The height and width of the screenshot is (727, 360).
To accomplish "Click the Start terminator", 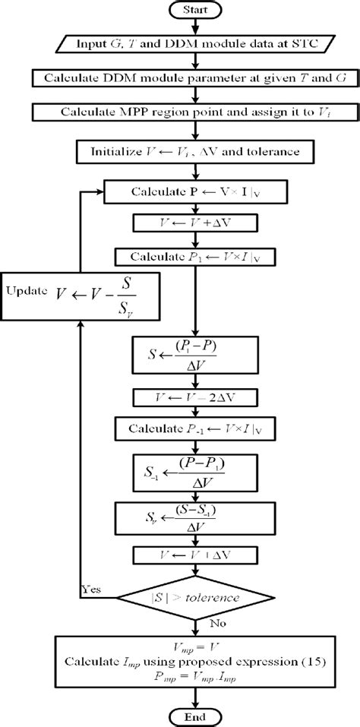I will [x=197, y=11].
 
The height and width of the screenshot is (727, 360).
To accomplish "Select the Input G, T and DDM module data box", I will [x=197, y=43].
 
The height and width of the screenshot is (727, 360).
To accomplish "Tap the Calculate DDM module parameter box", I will [x=197, y=77].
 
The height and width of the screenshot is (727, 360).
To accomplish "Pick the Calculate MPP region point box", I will [x=197, y=112].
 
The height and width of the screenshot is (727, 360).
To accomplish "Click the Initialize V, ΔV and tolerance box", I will [x=197, y=150].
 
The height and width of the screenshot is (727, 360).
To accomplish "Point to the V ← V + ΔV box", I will [x=197, y=223].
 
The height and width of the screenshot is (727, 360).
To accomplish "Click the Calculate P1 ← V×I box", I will [x=197, y=255].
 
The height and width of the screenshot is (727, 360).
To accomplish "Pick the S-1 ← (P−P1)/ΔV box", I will [x=197, y=469].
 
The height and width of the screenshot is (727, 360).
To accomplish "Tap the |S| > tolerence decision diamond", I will [x=197, y=597].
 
